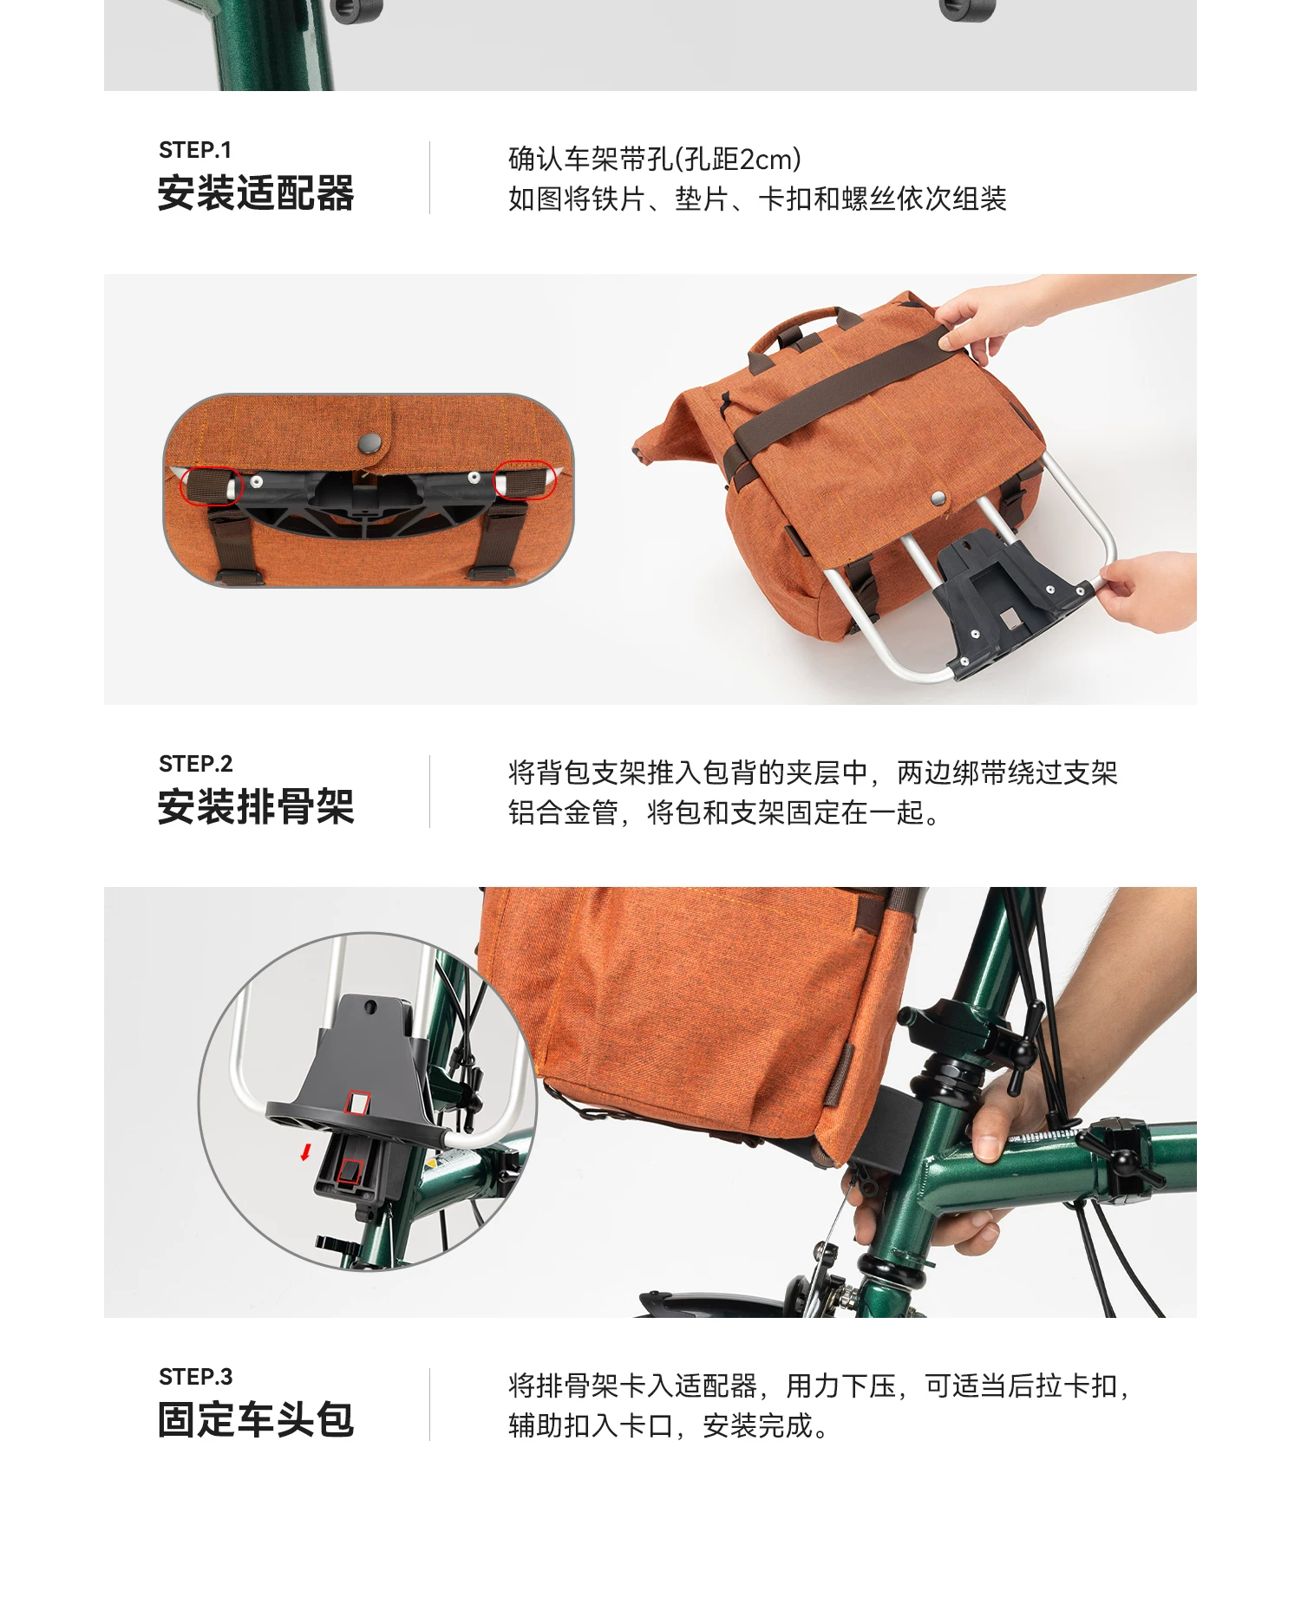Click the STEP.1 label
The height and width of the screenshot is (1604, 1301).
(x=195, y=150)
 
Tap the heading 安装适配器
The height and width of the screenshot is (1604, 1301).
(x=256, y=193)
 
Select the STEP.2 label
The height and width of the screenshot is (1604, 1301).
(x=196, y=764)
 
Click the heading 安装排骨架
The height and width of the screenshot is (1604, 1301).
(x=256, y=807)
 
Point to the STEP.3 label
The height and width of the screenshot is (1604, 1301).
(x=196, y=1377)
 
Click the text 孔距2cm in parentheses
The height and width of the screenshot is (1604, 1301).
(x=737, y=160)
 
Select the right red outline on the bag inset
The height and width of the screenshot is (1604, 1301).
(x=525, y=479)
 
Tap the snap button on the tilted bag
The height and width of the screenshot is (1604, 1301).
(x=938, y=499)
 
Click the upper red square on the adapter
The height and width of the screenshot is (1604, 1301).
(x=356, y=1103)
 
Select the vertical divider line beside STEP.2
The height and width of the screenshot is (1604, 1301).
(x=429, y=791)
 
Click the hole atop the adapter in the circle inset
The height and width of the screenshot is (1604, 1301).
(x=370, y=1007)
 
